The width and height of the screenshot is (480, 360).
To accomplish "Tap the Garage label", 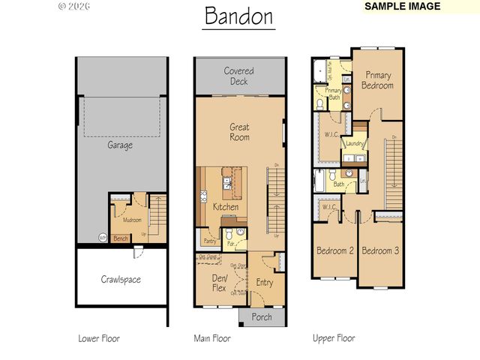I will (x=119, y=145).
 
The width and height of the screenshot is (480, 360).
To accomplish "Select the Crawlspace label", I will (x=121, y=280).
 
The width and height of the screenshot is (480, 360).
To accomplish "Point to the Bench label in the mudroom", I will (x=121, y=238).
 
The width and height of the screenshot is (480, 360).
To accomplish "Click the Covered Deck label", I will (x=239, y=76).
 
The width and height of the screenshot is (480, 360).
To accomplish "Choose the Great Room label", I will (x=239, y=132).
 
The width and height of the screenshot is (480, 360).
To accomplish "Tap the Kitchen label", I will (x=226, y=207).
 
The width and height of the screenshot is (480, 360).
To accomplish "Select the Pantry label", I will (x=209, y=242).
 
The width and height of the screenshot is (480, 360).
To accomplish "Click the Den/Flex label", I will (x=219, y=282).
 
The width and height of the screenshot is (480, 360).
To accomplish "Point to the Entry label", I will (x=265, y=283).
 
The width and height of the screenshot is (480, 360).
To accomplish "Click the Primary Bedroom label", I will (x=379, y=80).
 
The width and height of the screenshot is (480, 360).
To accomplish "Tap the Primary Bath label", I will (x=333, y=94).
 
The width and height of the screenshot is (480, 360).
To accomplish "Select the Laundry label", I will (x=355, y=143).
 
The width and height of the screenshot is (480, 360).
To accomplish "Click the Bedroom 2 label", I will (x=334, y=250).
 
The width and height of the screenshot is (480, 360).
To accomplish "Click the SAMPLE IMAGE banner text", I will (x=401, y=6).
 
